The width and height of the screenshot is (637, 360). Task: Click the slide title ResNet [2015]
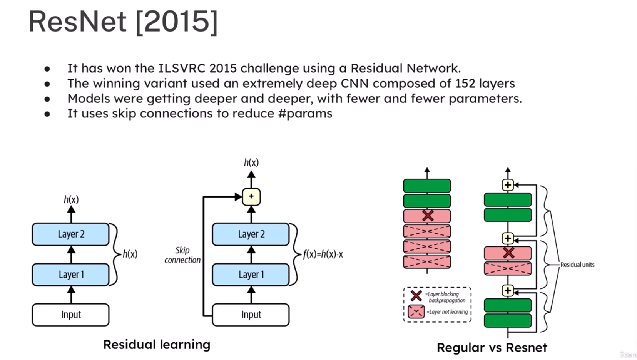(x=123, y=22)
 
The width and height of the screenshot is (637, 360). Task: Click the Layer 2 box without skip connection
(x=71, y=234)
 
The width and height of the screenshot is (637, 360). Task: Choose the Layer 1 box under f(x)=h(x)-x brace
(x=251, y=275)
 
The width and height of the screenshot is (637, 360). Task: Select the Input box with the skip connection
(x=251, y=315)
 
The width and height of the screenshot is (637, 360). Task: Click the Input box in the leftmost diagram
(x=71, y=315)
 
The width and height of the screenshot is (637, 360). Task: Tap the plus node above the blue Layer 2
(x=251, y=196)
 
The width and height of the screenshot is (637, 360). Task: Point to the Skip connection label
(x=182, y=255)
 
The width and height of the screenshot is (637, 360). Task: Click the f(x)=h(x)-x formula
(x=323, y=254)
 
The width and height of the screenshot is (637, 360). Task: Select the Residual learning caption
(x=157, y=344)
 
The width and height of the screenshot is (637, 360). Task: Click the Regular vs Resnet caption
(x=492, y=347)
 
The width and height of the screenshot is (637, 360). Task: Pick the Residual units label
(x=577, y=265)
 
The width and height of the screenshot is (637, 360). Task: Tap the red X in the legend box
(x=416, y=296)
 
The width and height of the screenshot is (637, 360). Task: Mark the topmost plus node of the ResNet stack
(x=508, y=185)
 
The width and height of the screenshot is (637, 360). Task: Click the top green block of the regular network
(x=427, y=186)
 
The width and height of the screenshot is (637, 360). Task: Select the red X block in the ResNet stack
(x=508, y=253)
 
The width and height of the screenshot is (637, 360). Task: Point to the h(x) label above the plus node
(x=251, y=162)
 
